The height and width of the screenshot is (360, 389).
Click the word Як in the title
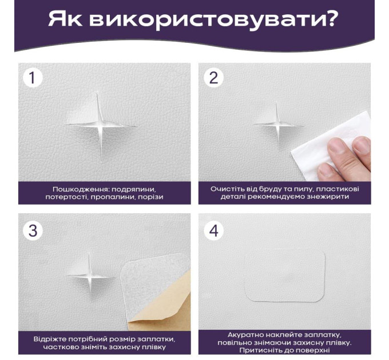[65, 19]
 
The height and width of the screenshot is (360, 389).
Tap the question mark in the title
[330, 19]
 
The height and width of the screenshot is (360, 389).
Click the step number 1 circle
[33, 78]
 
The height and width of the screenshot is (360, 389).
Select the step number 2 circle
[213, 78]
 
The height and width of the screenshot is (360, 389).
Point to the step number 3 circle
[33, 230]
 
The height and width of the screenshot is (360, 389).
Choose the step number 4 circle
[213, 230]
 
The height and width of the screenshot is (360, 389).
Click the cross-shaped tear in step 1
[101, 125]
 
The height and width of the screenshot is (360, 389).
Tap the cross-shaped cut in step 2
[278, 125]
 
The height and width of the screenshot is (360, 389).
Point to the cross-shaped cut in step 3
[90, 275]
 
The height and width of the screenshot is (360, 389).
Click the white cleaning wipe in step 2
[330, 146]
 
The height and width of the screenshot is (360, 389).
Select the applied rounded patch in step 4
[285, 276]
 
